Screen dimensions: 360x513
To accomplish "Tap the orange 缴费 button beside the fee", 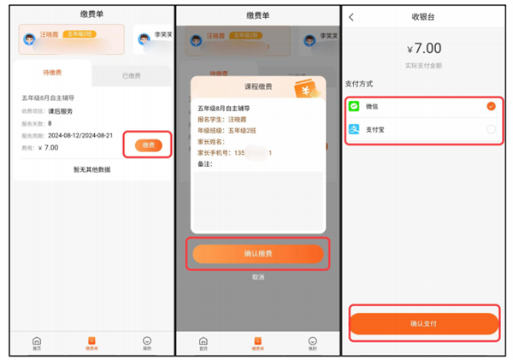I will [148, 145].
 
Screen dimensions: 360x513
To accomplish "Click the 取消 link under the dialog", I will [257, 277].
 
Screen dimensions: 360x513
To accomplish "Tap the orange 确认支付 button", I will [423, 324].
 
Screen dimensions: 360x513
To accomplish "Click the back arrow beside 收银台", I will [351, 17].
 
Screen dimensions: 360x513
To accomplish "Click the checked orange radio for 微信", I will [491, 107].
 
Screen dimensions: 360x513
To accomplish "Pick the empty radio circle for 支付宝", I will [491, 129].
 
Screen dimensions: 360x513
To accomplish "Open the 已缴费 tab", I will [132, 76].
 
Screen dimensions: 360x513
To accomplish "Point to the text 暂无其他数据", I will [91, 169].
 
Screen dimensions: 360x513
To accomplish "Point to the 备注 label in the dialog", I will [205, 163].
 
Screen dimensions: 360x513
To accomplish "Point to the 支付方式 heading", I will [359, 84].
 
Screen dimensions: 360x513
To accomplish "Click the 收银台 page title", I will [423, 17].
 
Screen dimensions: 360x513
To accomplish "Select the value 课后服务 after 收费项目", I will [60, 111].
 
